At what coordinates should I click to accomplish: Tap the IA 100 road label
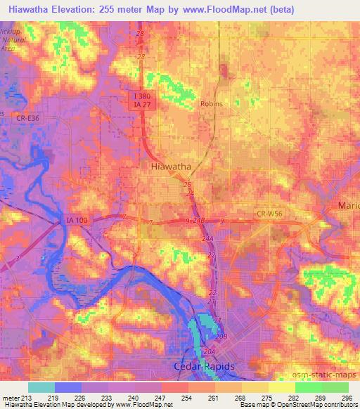click(75, 220)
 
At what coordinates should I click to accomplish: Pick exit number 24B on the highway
click(200, 221)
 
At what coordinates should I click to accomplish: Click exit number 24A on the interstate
click(207, 239)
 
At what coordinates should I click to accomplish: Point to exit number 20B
click(221, 337)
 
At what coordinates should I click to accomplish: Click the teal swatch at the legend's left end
click(41, 387)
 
